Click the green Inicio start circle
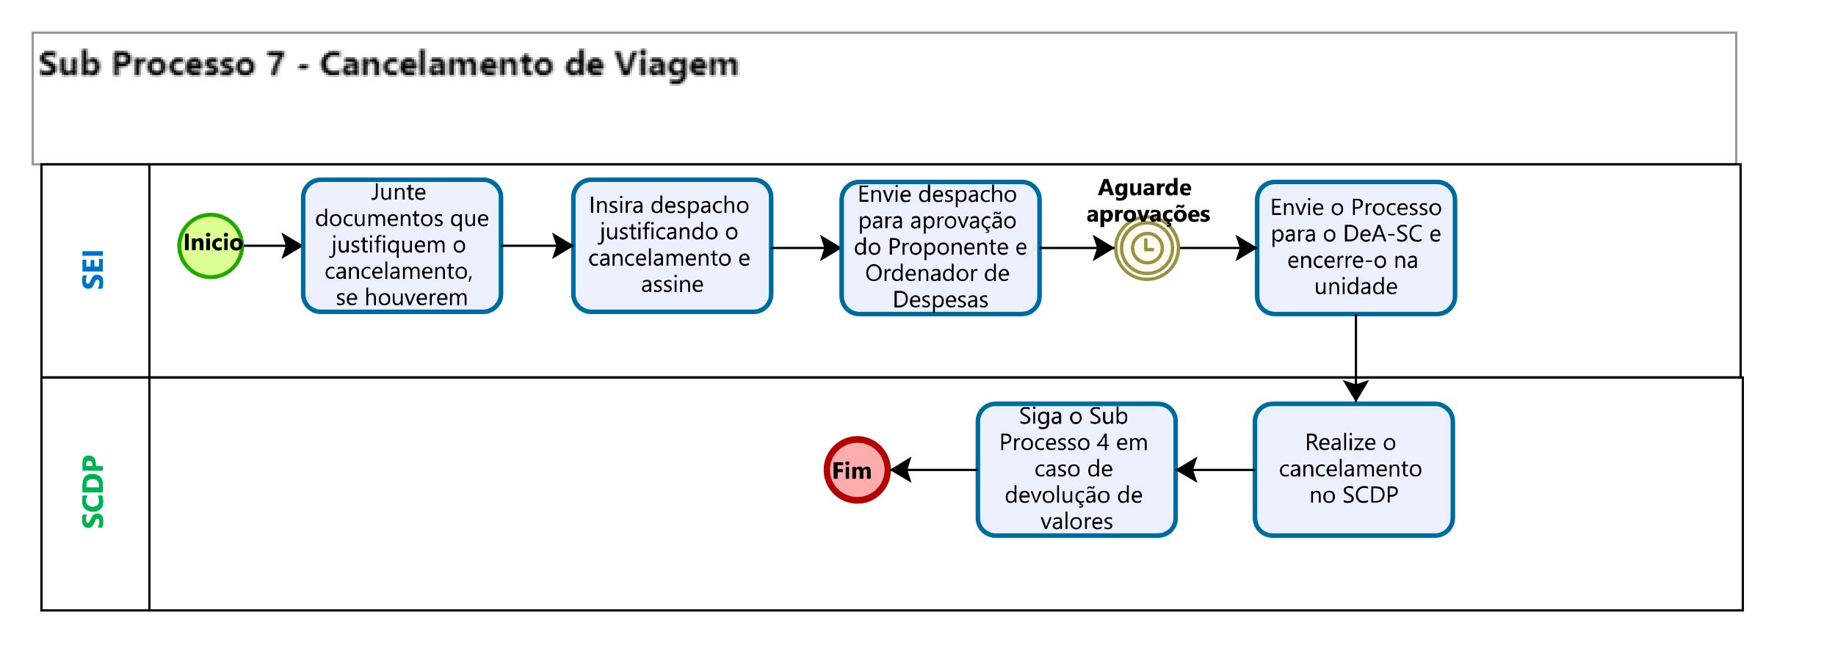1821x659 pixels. (x=211, y=246)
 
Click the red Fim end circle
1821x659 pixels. (x=857, y=470)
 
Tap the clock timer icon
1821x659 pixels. (x=1146, y=248)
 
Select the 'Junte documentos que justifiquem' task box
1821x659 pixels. (x=402, y=246)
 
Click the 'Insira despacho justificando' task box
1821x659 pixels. (x=671, y=246)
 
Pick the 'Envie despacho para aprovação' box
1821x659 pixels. (x=940, y=248)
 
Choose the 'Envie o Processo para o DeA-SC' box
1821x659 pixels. (x=1355, y=248)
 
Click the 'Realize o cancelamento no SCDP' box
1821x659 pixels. (x=1353, y=470)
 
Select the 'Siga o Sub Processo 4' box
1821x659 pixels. (x=1076, y=470)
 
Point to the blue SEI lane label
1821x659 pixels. (x=93, y=269)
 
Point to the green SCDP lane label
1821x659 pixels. (x=93, y=492)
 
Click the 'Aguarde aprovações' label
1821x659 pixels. (x=1147, y=200)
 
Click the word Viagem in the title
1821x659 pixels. (x=676, y=65)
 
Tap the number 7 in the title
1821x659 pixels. (x=275, y=65)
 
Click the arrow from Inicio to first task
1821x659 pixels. (x=272, y=246)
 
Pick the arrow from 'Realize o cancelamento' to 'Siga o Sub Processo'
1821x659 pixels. (x=1215, y=470)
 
